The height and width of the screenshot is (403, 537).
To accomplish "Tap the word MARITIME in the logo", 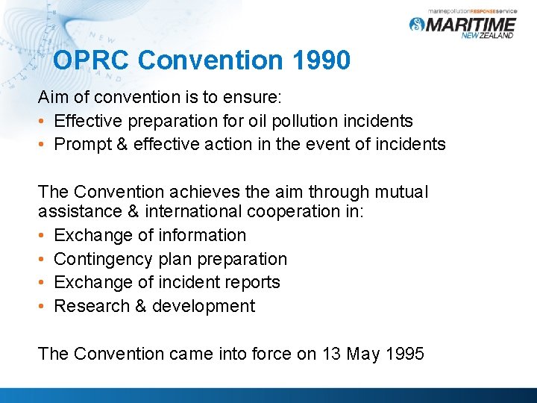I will [x=474, y=25].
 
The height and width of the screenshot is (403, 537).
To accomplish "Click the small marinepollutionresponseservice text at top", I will [x=472, y=9].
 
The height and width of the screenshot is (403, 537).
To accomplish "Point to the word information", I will [x=202, y=235].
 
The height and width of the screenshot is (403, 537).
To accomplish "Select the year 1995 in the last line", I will [x=403, y=353].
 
